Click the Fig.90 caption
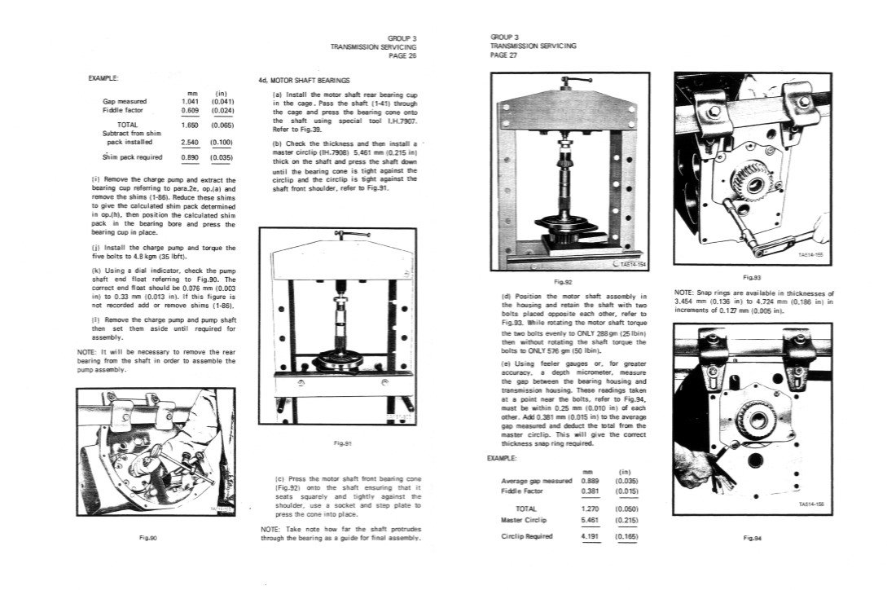click(x=148, y=537)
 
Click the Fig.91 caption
click(x=343, y=443)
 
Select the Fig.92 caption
click(x=563, y=281)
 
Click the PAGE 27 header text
click(x=504, y=55)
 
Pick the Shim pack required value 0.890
click(x=189, y=157)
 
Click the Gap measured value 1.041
click(x=189, y=101)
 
